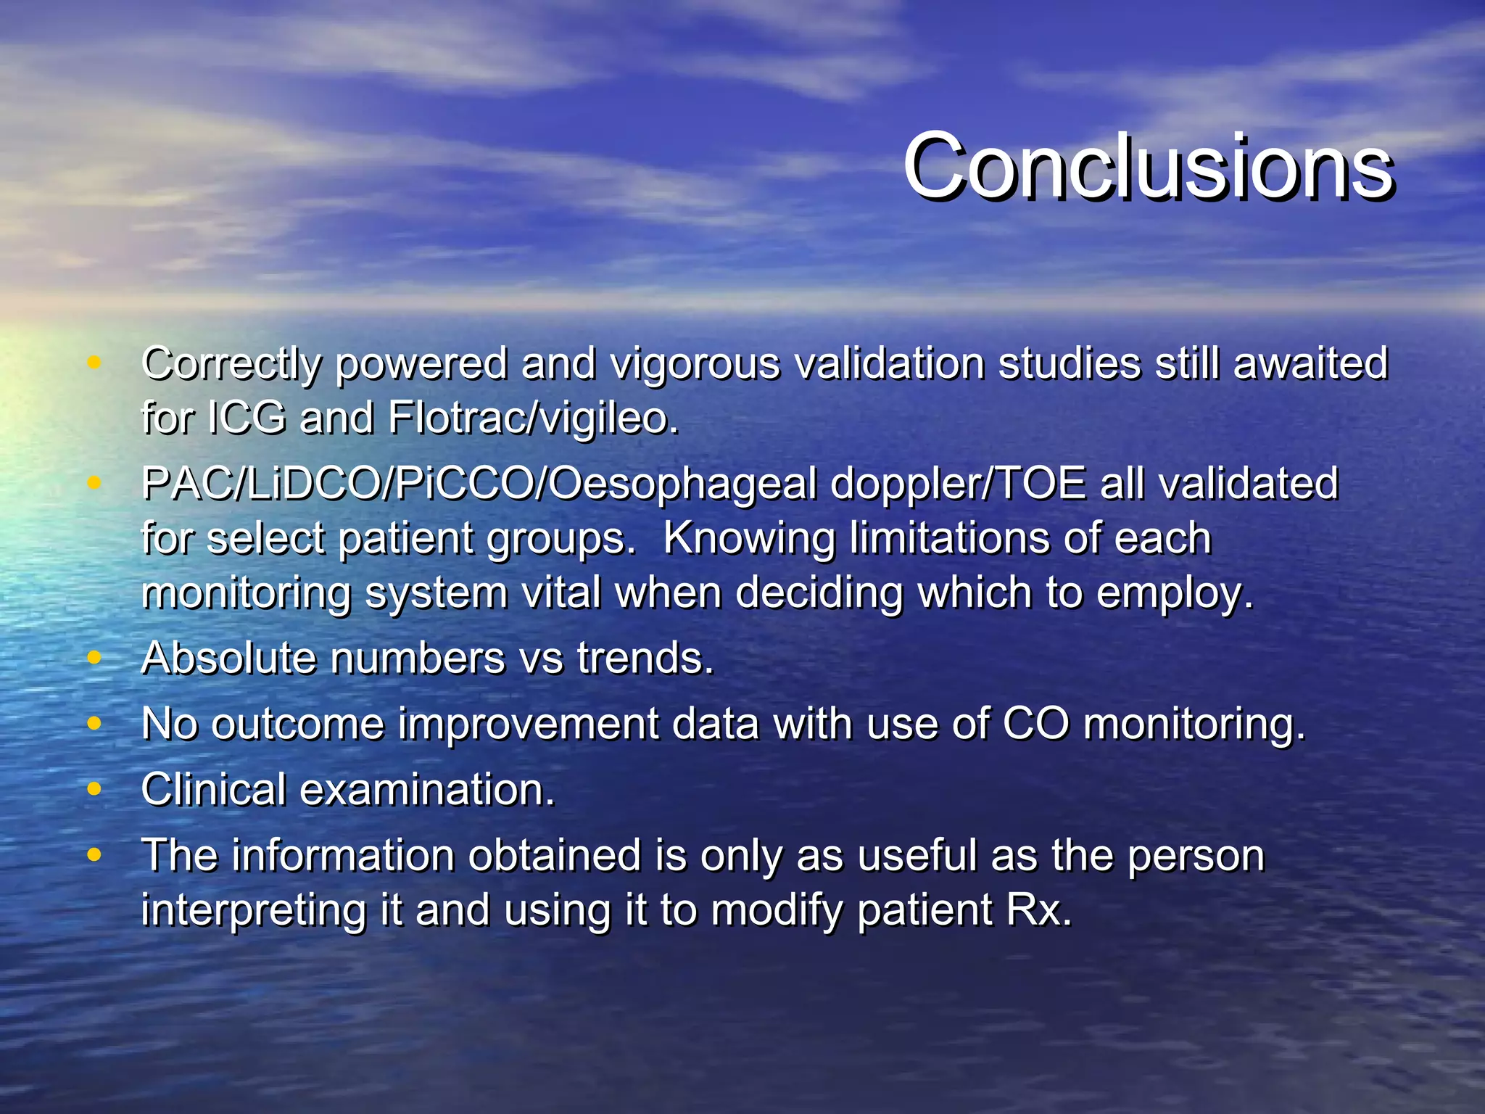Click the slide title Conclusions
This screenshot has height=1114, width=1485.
point(1147,167)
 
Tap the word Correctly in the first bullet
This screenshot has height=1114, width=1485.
point(231,364)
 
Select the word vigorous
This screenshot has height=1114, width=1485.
point(695,364)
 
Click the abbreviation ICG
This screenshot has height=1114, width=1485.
point(247,418)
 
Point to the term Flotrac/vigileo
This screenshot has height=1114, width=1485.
point(532,418)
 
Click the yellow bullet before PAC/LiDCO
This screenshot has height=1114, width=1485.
point(94,482)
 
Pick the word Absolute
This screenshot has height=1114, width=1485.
point(228,659)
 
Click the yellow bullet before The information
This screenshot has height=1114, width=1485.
point(94,854)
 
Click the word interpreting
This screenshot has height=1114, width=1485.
point(254,911)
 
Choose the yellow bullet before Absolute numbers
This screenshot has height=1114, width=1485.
point(94,658)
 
